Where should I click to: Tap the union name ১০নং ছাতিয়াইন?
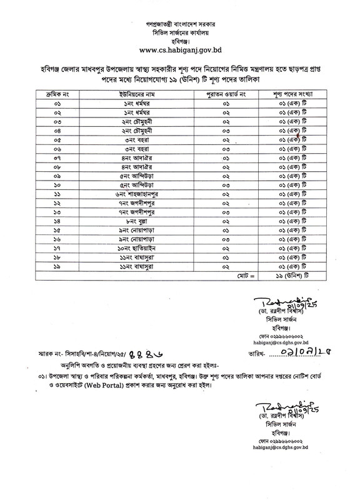coord(137,250)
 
